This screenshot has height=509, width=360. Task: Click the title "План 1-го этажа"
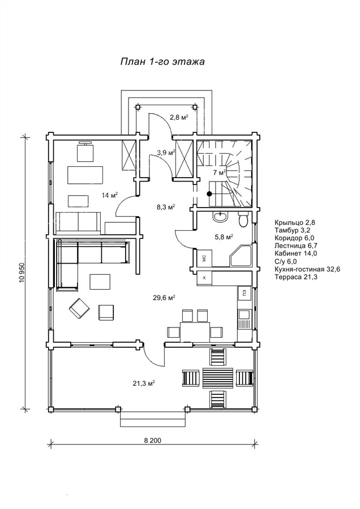(162, 61)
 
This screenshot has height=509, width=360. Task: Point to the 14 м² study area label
(109, 195)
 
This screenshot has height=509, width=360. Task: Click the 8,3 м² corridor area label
(165, 207)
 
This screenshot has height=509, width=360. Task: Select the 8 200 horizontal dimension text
(152, 442)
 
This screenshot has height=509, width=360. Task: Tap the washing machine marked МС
(203, 258)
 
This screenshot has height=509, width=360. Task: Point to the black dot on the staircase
(209, 194)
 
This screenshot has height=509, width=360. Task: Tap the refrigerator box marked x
(204, 278)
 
